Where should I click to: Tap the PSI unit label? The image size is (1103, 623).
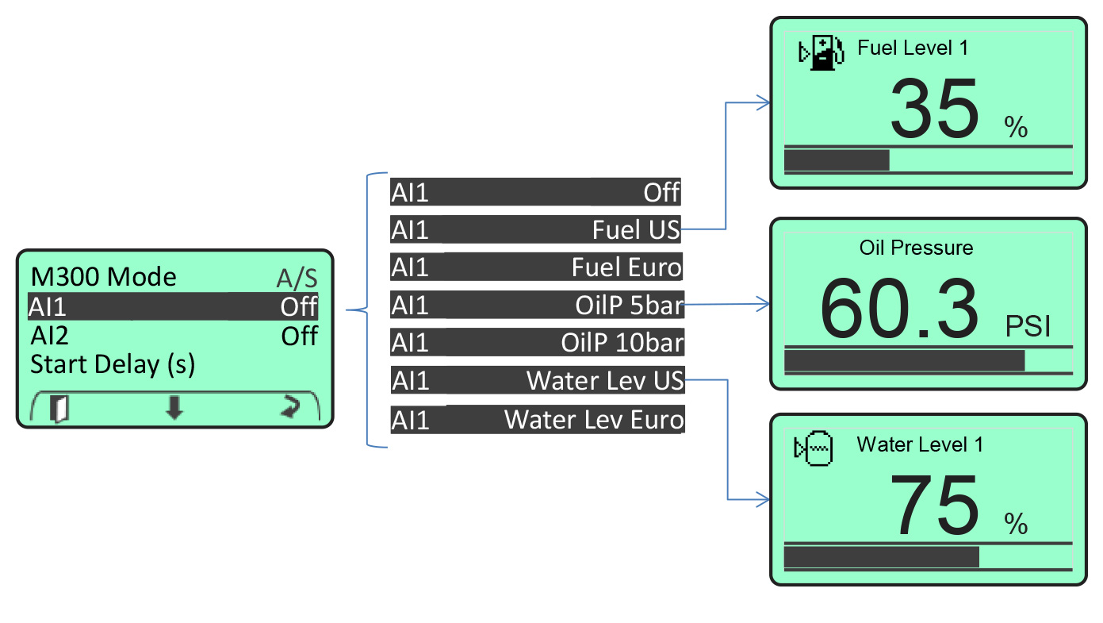(1028, 326)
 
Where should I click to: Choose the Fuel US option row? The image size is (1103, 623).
(536, 230)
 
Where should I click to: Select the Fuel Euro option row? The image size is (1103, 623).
(536, 267)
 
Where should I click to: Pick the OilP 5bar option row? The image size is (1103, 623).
(536, 305)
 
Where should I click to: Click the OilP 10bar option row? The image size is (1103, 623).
(536, 343)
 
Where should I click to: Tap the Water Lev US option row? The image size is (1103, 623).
(536, 381)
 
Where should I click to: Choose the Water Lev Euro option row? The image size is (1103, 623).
(536, 419)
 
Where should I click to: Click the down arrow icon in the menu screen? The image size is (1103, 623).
(174, 408)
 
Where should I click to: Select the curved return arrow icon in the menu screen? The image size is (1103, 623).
(290, 408)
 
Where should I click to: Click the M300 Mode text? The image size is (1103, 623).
(103, 277)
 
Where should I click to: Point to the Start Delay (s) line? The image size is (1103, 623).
(113, 365)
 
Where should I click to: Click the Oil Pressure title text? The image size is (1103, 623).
(916, 248)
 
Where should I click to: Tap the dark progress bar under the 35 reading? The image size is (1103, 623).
(837, 160)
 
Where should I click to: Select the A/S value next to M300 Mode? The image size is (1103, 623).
(297, 279)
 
